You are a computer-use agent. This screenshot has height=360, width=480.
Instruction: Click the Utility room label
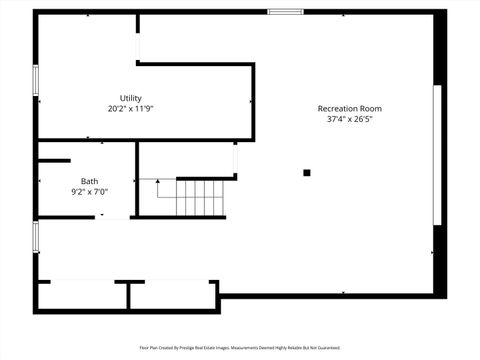[x=130, y=97]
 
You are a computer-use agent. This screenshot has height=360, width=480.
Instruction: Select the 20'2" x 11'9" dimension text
[x=130, y=108]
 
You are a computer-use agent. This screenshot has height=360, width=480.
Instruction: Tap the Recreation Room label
[x=349, y=108]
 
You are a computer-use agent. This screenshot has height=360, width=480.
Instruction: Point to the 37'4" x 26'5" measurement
[x=349, y=119]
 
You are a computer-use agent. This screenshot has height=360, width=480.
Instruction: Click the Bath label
[x=89, y=181]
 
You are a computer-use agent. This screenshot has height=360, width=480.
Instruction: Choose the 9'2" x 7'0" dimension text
[x=89, y=191]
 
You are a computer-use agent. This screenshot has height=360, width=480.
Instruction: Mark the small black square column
[x=307, y=173]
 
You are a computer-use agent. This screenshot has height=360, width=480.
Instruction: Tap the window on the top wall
[x=285, y=12]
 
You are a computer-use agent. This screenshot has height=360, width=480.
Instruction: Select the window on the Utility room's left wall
[x=36, y=81]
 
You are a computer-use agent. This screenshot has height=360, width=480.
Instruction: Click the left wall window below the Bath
[x=36, y=237]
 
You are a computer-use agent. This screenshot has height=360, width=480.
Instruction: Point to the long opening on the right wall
[x=435, y=156]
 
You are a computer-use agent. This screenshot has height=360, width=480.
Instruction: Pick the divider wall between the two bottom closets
[x=128, y=294]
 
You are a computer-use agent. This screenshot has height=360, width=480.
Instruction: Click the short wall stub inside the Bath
[x=54, y=160]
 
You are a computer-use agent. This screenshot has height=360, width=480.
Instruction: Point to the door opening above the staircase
[x=236, y=159]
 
